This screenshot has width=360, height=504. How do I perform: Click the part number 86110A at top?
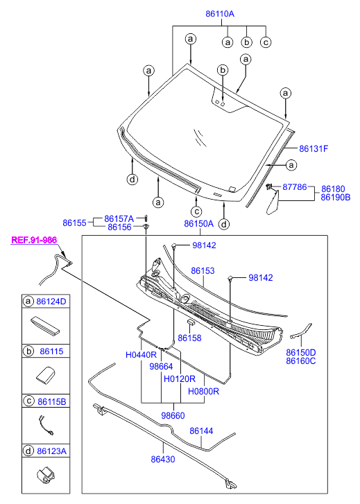(220, 14)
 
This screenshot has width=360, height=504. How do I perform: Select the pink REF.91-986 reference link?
(34, 240)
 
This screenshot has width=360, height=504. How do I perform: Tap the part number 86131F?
(314, 148)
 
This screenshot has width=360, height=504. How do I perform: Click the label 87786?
(295, 186)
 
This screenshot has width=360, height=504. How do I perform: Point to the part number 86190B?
(336, 197)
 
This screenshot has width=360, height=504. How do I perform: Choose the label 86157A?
(119, 218)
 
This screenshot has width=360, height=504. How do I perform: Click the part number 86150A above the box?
(199, 224)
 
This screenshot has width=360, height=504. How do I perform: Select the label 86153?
(203, 270)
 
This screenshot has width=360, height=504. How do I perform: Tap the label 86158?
(189, 338)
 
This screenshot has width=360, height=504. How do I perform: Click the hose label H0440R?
(142, 355)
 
